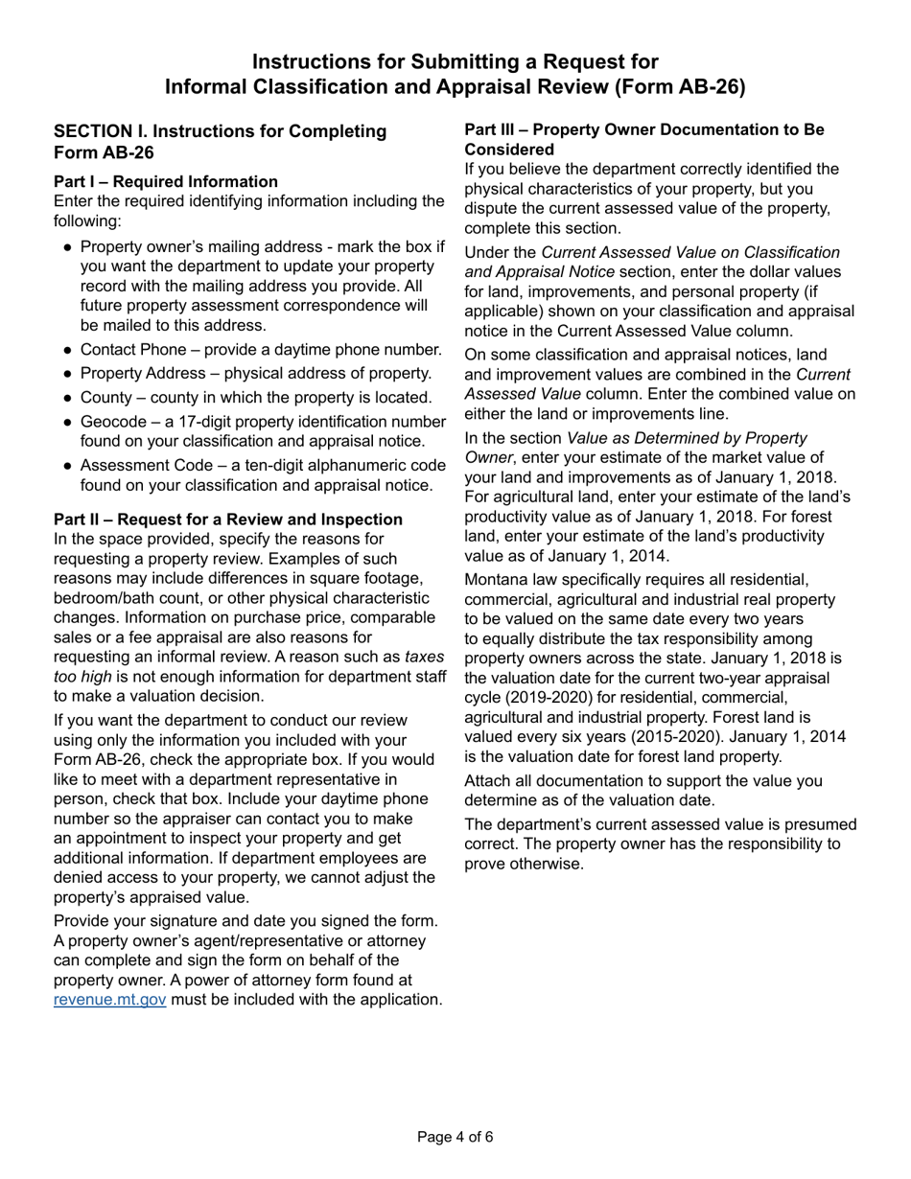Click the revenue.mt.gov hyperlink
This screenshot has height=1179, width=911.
[x=110, y=1000]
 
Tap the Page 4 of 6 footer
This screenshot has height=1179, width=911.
[x=455, y=1138]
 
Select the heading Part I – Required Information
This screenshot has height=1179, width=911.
[x=166, y=181]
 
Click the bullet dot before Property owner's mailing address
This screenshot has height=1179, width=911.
[x=67, y=247]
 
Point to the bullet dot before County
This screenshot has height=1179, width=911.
[x=67, y=398]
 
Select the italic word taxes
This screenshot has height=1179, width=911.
[x=424, y=657]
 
